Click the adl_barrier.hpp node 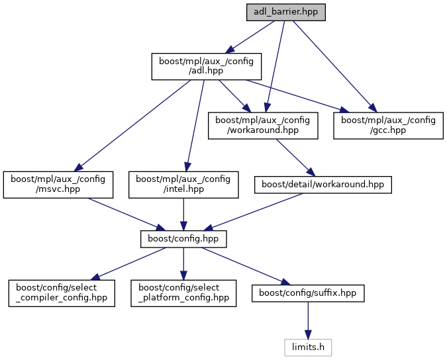click(285, 12)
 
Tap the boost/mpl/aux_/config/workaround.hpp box click(264, 125)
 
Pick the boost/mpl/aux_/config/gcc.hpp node click(388, 125)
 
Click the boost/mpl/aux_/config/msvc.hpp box click(58, 185)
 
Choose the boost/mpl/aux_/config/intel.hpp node click(183, 185)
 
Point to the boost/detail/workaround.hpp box click(323, 185)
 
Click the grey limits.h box click(308, 346)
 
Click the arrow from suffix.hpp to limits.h click(307, 322)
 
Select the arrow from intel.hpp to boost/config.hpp click(183, 213)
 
